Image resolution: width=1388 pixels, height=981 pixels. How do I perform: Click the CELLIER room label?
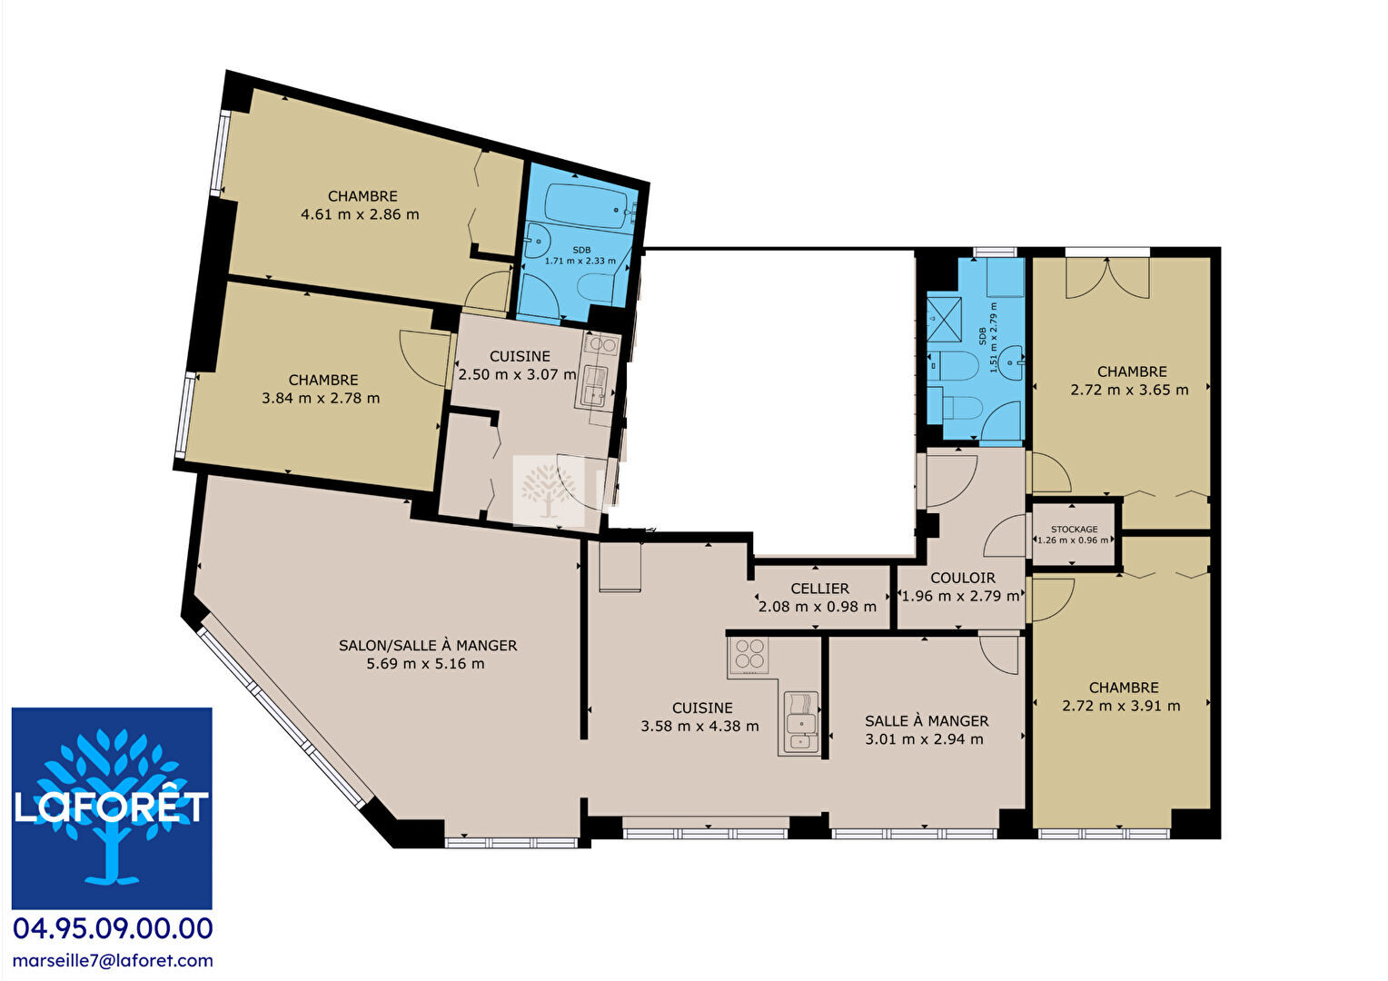pyautogui.click(x=819, y=588)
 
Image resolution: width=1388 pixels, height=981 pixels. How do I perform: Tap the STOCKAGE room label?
pyautogui.click(x=1074, y=530)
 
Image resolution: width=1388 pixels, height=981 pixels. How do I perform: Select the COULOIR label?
pyautogui.click(x=963, y=578)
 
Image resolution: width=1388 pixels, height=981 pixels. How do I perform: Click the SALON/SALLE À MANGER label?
pyautogui.click(x=428, y=645)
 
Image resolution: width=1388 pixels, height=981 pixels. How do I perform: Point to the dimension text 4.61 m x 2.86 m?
pyautogui.click(x=360, y=214)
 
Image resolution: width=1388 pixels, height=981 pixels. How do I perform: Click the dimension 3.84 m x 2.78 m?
pyautogui.click(x=321, y=398)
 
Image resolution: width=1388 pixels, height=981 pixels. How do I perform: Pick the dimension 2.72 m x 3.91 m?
pyautogui.click(x=1122, y=705)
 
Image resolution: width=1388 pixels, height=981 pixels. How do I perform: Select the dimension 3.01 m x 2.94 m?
pyautogui.click(x=925, y=738)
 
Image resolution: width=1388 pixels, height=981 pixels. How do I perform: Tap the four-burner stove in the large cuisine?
pyautogui.click(x=749, y=654)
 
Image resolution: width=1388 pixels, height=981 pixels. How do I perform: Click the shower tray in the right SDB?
pyautogui.click(x=944, y=321)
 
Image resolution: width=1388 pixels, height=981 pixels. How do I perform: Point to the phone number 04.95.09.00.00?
pyautogui.click(x=113, y=928)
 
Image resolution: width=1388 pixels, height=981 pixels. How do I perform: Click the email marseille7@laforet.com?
pyautogui.click(x=113, y=960)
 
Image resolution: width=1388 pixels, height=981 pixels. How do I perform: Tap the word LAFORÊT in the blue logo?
pyautogui.click(x=112, y=807)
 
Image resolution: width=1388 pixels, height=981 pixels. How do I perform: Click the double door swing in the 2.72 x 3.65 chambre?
pyautogui.click(x=1108, y=278)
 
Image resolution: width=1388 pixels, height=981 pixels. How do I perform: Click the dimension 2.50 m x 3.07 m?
pyautogui.click(x=518, y=374)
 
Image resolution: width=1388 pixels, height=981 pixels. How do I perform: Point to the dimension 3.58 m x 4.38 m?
pyautogui.click(x=699, y=726)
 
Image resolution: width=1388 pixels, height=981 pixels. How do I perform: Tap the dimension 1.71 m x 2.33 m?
pyautogui.click(x=580, y=261)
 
